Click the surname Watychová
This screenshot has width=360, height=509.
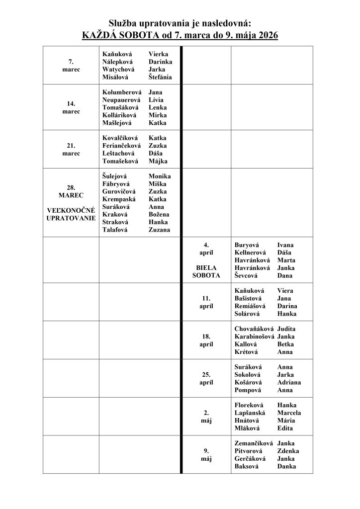118,70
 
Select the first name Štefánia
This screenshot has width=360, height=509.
160,78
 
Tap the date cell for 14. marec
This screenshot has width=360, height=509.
71,107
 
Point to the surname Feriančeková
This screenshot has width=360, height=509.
122,146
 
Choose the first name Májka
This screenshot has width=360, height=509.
158,161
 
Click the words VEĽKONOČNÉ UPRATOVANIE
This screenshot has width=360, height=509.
71,214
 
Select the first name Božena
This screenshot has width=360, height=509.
159,214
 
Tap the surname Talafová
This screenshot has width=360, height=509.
115,230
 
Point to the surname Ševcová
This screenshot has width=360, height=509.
248,276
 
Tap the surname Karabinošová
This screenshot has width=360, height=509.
255,337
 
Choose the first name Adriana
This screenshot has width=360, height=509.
289,382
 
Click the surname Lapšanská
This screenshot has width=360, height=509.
250,413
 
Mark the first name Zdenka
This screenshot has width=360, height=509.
288,451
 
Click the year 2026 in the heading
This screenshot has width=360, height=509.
268,35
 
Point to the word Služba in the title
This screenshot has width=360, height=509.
122,23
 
